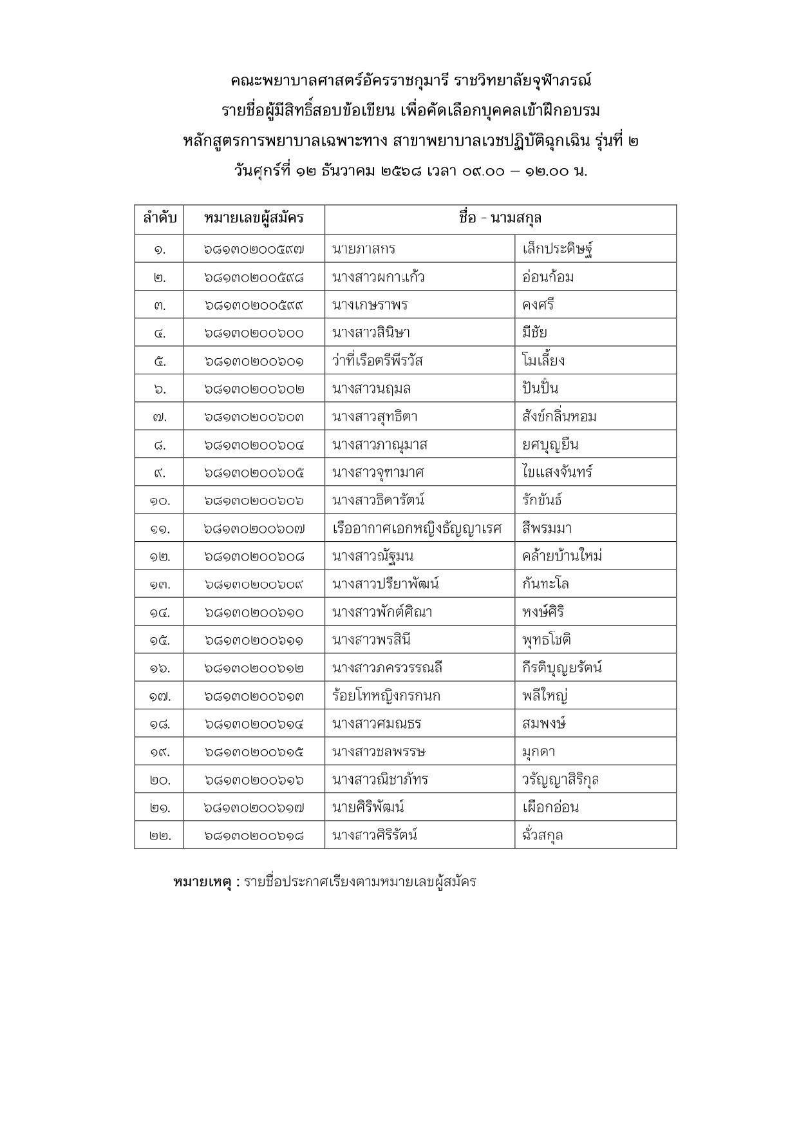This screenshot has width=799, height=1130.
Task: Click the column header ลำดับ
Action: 159,219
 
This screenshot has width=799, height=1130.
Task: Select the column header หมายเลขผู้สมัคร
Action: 254,219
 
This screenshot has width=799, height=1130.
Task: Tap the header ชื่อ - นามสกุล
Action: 500,219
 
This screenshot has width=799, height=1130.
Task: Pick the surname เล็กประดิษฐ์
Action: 557,249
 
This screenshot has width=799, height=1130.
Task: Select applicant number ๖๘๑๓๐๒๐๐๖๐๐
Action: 254,333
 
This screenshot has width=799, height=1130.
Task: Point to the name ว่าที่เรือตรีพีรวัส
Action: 378,361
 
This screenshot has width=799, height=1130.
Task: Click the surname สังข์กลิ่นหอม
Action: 559,417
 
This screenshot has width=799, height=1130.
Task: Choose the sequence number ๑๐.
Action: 159,501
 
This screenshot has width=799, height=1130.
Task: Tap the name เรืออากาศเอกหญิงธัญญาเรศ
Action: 417,529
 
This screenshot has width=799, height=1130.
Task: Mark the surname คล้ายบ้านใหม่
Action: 562,557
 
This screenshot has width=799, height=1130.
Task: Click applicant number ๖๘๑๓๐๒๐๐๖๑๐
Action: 254,613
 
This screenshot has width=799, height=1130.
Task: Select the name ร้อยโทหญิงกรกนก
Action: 386,696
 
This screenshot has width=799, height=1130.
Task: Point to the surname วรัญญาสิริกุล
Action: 560,780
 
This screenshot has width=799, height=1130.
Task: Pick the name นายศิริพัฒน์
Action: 368,808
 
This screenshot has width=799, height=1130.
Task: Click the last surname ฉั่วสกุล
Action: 543,836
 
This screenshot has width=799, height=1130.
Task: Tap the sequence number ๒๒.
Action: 159,836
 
